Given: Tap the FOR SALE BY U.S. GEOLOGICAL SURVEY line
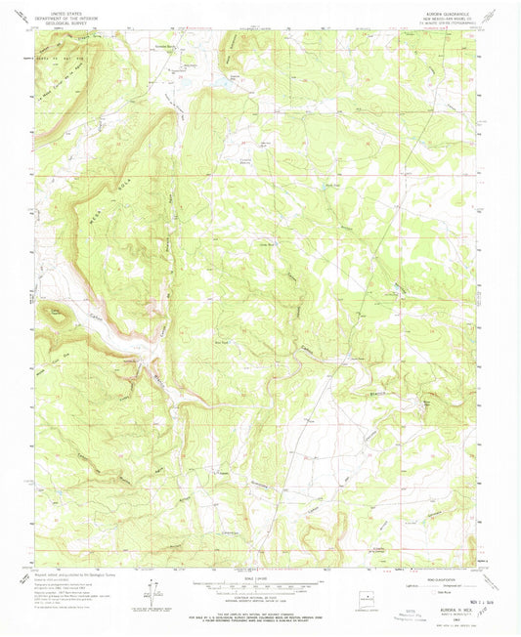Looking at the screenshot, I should point(260,619).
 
